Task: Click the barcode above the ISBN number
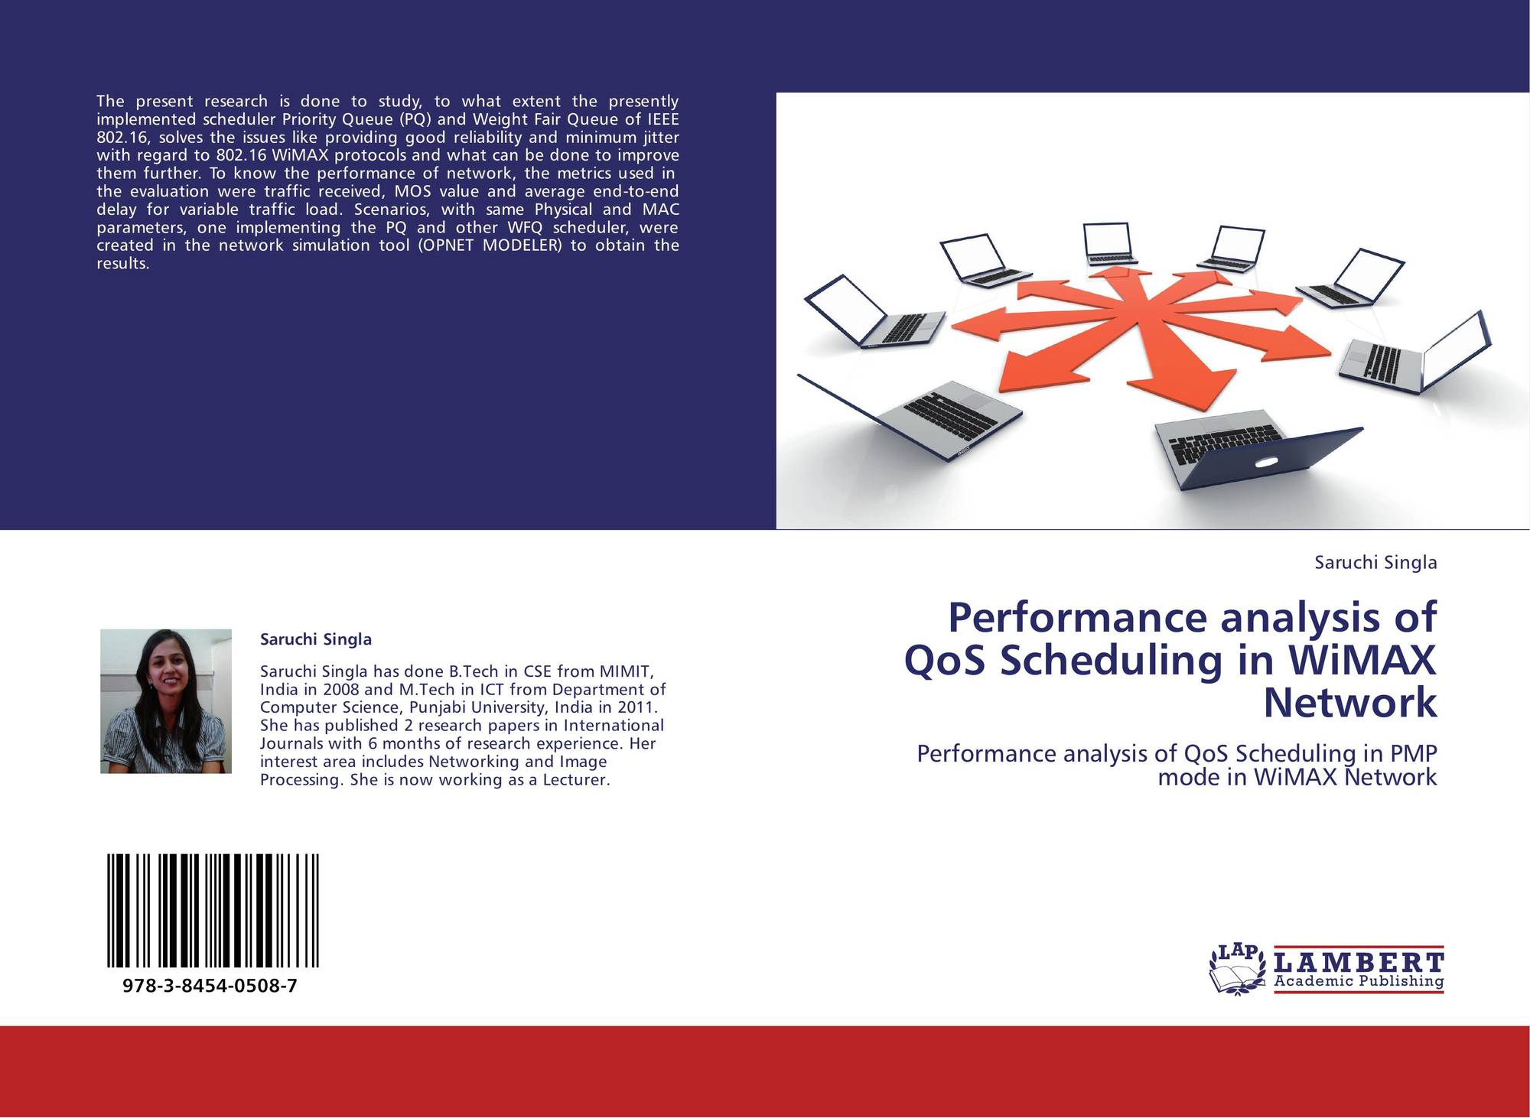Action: (213, 911)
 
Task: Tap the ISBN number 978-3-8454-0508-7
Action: (210, 986)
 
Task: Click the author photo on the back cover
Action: (166, 701)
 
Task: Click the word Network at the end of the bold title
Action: (1350, 703)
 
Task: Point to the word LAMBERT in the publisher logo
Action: (1359, 961)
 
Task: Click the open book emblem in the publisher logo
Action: (1236, 977)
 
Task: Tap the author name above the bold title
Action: (1375, 563)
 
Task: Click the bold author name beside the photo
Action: (316, 639)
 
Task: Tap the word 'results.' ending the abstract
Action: (122, 264)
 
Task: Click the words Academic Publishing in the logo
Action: (1359, 981)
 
